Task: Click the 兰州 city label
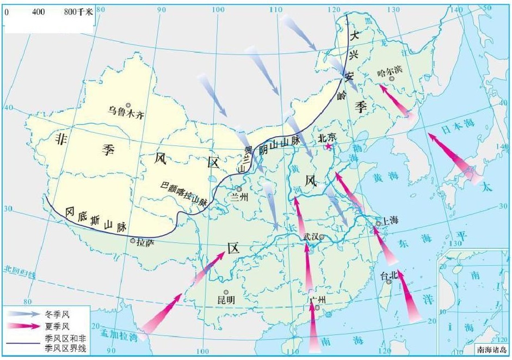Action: coord(239,197)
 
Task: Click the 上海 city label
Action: coord(390,221)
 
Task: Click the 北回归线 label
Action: coord(22,270)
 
